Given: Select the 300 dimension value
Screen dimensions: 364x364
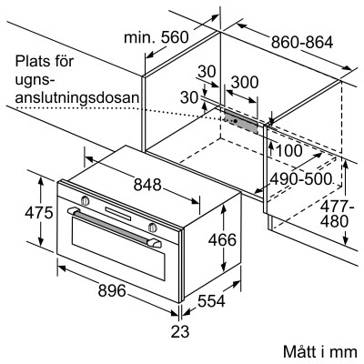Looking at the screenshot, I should tap(243, 83).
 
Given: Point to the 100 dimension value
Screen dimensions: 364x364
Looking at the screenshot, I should tap(290, 150).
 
